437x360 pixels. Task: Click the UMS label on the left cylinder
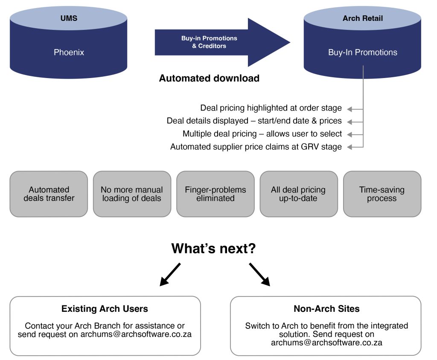pos(68,18)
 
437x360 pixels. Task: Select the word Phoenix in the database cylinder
pos(69,52)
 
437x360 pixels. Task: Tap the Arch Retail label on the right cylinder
pos(362,18)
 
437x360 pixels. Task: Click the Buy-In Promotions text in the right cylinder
pos(362,52)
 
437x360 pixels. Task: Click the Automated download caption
pos(209,78)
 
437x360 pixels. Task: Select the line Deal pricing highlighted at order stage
pos(271,108)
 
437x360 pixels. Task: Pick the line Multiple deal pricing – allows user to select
pos(262,134)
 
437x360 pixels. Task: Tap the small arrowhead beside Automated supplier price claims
pos(350,147)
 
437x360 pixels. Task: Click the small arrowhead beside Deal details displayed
pos(350,121)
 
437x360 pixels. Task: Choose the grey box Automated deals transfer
pos(49,194)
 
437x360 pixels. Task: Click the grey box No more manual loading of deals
pos(132,194)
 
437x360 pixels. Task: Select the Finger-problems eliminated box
pos(216,194)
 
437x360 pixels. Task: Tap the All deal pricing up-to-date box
pos(298,194)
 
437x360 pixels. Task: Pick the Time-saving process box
pos(382,194)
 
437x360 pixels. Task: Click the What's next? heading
pos(213,249)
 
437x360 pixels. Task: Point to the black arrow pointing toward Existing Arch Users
pos(170,274)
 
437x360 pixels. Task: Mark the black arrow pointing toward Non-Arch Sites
pos(259,274)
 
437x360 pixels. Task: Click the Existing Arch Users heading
pos(105,309)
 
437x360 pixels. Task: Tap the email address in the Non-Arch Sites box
pos(326,343)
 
